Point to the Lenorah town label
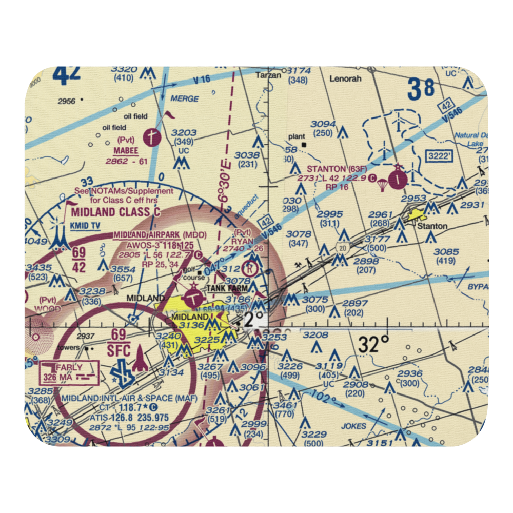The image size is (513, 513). tap(345, 79)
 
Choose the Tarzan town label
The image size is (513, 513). tap(269, 75)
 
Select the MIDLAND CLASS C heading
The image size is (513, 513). tap(115, 212)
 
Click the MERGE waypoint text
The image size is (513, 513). tap(184, 97)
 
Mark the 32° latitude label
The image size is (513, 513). tap(373, 345)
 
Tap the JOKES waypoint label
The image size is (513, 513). tap(353, 426)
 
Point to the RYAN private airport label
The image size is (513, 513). tap(242, 241)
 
